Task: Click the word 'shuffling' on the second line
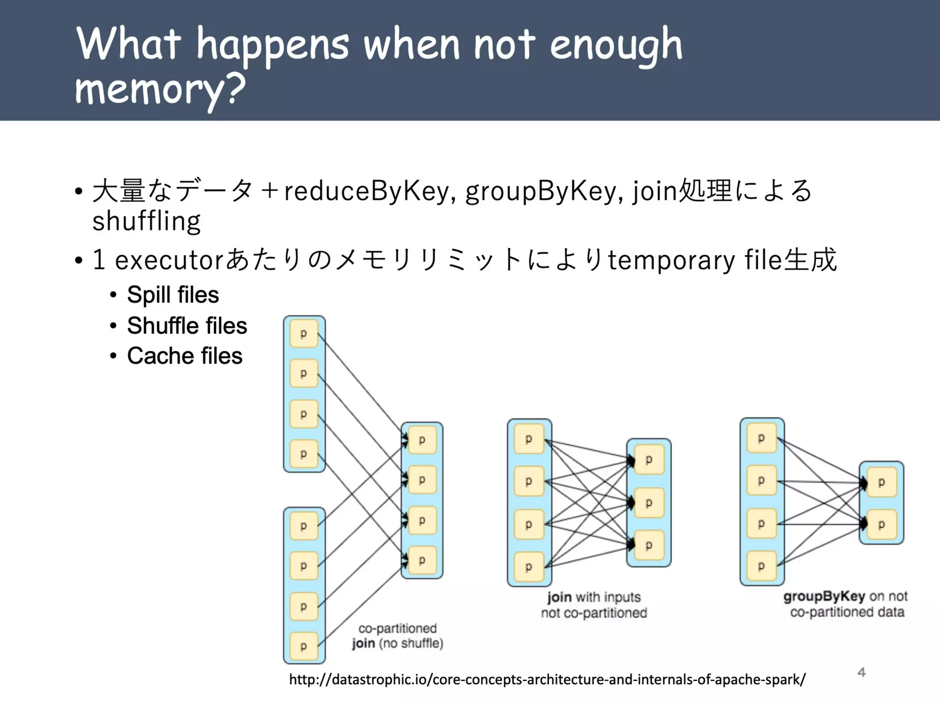tap(146, 221)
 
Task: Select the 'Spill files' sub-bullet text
tap(173, 295)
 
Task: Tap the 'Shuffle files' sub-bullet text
tap(187, 326)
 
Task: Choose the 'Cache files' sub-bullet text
tap(185, 356)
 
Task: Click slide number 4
tap(861, 672)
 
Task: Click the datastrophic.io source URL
tap(547, 679)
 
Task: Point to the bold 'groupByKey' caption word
tap(824, 596)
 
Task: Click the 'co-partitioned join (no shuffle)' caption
tap(397, 636)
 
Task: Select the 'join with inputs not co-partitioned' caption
tap(594, 605)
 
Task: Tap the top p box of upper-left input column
tap(304, 334)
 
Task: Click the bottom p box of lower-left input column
tap(304, 646)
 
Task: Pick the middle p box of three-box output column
tap(649, 503)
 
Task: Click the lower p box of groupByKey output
tap(881, 525)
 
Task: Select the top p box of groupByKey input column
tap(761, 438)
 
